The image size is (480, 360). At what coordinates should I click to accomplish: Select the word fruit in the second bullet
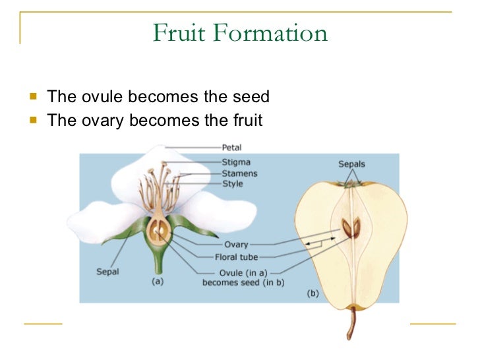[245, 121]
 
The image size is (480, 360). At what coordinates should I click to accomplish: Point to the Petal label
[231, 147]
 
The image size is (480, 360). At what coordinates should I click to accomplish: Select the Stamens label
[239, 173]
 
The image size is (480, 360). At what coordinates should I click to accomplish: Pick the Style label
[233, 183]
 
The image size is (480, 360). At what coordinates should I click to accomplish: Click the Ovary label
[236, 245]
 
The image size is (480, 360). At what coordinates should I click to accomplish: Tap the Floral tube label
[237, 257]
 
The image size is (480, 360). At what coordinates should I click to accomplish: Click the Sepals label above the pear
[351, 164]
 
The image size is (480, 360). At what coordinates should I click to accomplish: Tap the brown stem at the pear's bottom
[352, 323]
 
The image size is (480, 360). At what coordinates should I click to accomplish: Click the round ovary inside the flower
[158, 231]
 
